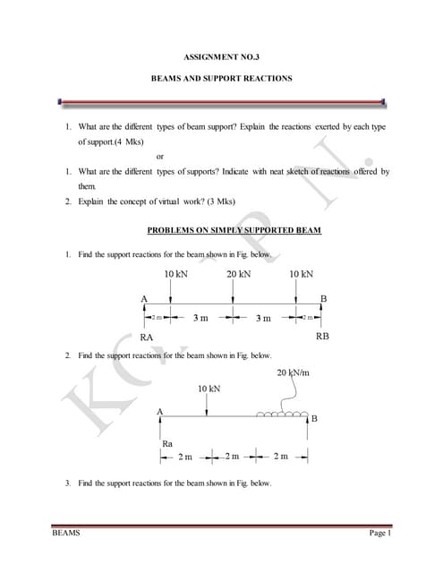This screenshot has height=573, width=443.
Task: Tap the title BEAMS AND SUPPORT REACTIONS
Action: click(221, 79)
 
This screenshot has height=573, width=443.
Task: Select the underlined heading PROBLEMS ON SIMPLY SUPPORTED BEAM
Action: click(234, 230)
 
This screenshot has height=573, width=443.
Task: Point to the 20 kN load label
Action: click(238, 273)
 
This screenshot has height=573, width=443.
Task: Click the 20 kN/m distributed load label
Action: click(293, 372)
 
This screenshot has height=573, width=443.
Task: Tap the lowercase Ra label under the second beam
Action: click(166, 442)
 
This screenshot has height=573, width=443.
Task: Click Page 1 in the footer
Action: click(380, 534)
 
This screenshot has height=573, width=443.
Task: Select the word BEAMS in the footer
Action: click(64, 534)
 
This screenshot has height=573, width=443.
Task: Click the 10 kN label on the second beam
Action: click(209, 389)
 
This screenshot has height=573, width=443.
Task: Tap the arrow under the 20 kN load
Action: click(233, 293)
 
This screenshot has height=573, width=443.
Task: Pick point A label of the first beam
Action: click(143, 297)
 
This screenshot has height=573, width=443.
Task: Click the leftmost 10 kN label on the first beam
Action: click(175, 273)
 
